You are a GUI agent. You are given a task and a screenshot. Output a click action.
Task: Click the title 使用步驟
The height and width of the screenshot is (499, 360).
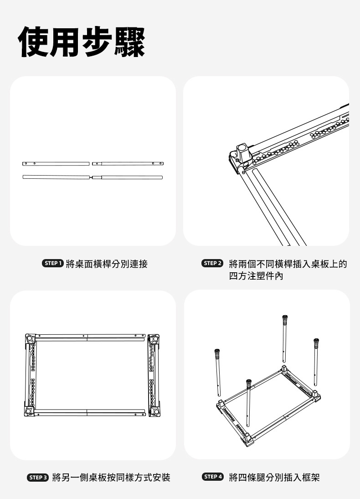pos(82,42)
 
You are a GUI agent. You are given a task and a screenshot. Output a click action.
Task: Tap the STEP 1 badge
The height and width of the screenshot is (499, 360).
pos(52,264)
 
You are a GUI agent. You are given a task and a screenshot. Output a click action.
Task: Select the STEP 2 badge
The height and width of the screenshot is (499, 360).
pos(213,264)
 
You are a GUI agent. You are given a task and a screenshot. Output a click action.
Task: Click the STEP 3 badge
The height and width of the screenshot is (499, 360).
pos(38,478)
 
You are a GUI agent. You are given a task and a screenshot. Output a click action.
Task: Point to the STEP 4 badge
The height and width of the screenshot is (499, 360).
pos(213,477)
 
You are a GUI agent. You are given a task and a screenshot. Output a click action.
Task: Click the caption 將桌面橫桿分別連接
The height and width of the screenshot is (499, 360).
pos(107,264)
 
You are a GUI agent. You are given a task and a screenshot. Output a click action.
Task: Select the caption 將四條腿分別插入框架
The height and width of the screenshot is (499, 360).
pos(274,478)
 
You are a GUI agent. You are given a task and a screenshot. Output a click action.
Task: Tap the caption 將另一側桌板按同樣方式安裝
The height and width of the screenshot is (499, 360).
pos(111,478)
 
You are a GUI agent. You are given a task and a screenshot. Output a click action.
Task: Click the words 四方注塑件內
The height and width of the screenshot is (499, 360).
pos(256,276)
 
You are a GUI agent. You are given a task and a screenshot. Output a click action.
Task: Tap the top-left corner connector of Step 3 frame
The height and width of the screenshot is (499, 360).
pos(30,339)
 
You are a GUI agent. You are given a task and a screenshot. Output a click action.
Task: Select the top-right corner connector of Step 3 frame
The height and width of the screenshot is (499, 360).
pos(154,339)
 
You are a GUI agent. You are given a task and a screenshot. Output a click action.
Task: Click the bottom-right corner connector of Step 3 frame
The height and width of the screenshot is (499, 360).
pos(154,411)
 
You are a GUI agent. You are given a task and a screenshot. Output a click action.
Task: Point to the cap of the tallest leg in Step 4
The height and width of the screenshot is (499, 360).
pos(285,318)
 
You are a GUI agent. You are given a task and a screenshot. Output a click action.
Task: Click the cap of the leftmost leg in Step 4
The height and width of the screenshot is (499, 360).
pos(217,353)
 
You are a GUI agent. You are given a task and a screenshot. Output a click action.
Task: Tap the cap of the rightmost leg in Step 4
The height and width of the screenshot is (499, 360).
pos(316,342)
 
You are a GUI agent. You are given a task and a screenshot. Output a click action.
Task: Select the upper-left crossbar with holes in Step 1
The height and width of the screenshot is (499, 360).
pos(56,163)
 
